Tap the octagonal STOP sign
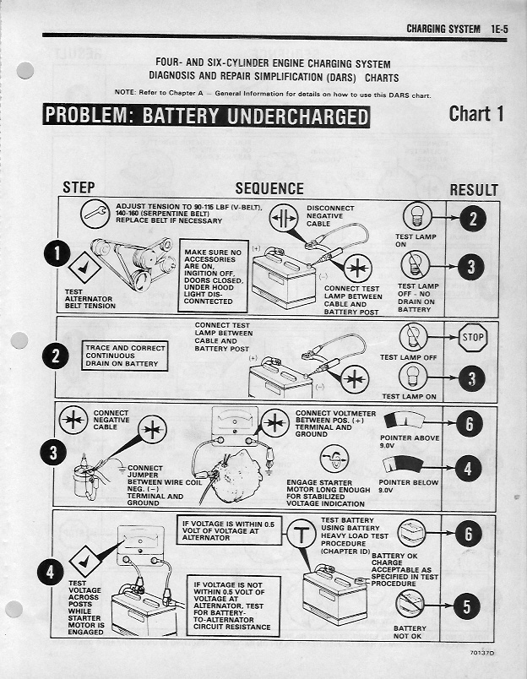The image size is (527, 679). pos(473,340)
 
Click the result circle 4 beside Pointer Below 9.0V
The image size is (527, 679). pos(470,469)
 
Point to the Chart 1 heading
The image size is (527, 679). pos(476,114)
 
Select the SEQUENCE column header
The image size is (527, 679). pos(269,189)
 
